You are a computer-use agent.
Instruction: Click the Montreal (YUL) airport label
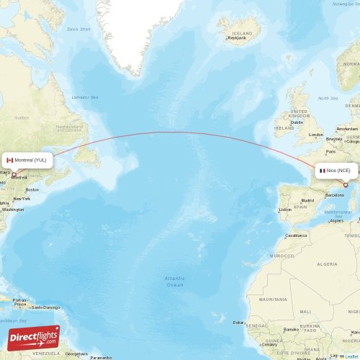pos(31,160)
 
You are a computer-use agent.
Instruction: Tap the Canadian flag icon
pos(10,160)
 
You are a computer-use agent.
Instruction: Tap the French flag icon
pos(323,170)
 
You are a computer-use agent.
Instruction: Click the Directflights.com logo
pos(34,338)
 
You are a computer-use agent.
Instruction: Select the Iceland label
pos(243,33)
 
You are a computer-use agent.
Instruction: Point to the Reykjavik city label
pos(238,38)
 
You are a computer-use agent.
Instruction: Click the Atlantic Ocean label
pos(174,281)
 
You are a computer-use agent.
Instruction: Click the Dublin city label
pos(297,122)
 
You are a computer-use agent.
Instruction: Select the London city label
pos(315,135)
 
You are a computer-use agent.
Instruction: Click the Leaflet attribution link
pos(350,356)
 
